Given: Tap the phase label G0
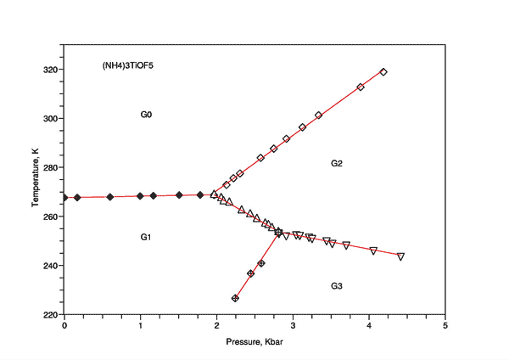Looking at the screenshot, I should coord(146,114).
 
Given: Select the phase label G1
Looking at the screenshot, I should coord(146,237).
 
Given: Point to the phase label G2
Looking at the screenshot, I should coord(336,163).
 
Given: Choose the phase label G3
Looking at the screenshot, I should coord(336,287).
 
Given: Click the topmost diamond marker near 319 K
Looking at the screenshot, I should coord(383,72).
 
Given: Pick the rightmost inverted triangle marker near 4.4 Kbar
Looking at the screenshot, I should coord(400,256).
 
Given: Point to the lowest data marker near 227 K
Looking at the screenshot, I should coord(235,298).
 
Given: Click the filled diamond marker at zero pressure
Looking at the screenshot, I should coord(64,198).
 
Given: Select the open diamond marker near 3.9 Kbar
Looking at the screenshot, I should coord(361,87).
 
